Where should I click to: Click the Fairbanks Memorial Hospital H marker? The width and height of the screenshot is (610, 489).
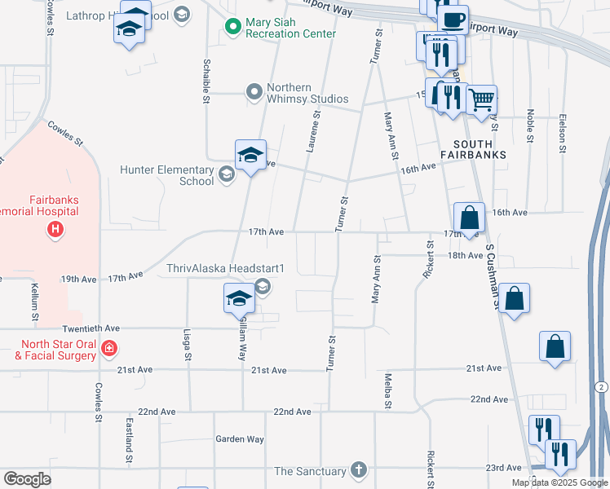(x=55, y=231)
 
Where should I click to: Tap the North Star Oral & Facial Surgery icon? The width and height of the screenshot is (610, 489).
(x=109, y=349)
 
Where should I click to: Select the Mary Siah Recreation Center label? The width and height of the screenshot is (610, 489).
(x=290, y=28)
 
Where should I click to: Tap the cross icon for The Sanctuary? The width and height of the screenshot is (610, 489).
(x=358, y=470)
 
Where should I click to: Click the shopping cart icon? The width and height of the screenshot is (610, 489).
(x=482, y=100)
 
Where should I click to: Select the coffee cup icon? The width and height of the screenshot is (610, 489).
(x=453, y=20)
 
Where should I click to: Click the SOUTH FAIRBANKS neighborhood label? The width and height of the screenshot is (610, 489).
(x=473, y=148)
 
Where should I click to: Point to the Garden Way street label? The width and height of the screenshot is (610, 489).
(x=240, y=439)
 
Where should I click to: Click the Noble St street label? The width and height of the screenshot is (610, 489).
(x=530, y=126)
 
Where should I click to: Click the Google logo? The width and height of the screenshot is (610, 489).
(x=28, y=479)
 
